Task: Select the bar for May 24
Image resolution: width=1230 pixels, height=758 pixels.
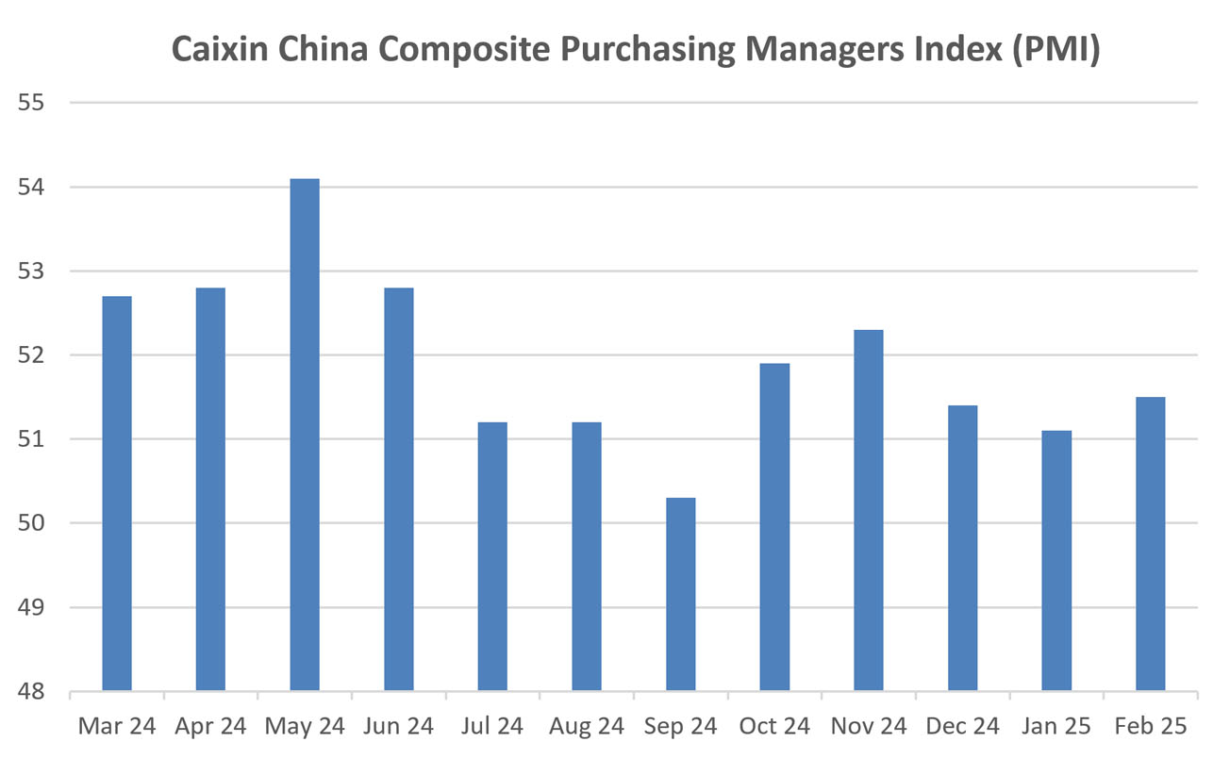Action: click(305, 435)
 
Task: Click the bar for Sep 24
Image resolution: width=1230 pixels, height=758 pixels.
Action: click(681, 594)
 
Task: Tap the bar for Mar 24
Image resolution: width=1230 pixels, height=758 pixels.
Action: click(117, 493)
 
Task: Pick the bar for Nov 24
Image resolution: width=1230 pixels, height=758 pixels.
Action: click(869, 510)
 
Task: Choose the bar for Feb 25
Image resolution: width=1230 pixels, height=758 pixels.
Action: click(1151, 544)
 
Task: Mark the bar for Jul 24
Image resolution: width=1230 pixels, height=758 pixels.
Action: click(492, 556)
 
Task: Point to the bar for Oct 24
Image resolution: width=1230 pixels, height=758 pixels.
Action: click(774, 527)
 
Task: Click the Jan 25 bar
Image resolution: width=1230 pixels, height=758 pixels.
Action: click(1056, 560)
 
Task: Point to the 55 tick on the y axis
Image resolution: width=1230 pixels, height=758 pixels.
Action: click(32, 103)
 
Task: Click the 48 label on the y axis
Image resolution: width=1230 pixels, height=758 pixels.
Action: click(32, 691)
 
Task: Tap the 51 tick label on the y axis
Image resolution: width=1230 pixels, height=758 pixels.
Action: click(32, 439)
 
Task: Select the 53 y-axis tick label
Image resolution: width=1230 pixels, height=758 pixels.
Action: click(32, 272)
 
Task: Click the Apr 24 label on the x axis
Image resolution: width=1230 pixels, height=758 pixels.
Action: click(210, 727)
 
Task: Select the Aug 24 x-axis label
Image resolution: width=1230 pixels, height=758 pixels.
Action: click(587, 727)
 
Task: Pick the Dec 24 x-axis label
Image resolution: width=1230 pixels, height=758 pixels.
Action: click(962, 727)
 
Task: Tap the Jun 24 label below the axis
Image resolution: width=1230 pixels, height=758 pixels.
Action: click(398, 727)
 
